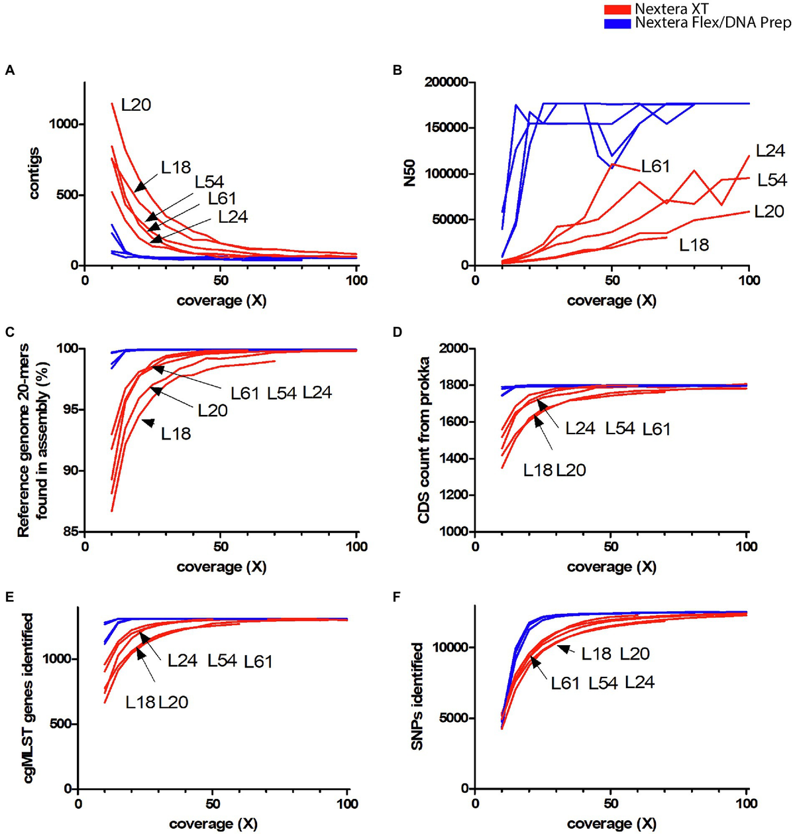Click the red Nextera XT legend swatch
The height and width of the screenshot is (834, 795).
pyautogui.click(x=617, y=9)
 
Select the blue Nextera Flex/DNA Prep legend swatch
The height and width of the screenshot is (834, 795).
pyautogui.click(x=617, y=23)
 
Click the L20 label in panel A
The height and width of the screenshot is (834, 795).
pyautogui.click(x=136, y=105)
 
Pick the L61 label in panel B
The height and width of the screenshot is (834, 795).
pyautogui.click(x=655, y=166)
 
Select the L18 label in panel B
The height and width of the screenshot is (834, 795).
pyautogui.click(x=694, y=245)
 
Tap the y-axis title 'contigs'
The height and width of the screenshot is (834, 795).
pyautogui.click(x=34, y=174)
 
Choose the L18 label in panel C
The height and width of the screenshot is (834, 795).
pyautogui.click(x=176, y=434)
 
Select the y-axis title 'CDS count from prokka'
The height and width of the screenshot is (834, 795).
pyautogui.click(x=425, y=440)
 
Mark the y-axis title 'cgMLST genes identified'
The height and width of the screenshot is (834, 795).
pyautogui.click(x=28, y=697)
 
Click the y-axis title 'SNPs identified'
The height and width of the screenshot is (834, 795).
pyautogui.click(x=417, y=696)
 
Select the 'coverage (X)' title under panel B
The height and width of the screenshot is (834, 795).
pyautogui.click(x=611, y=300)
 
